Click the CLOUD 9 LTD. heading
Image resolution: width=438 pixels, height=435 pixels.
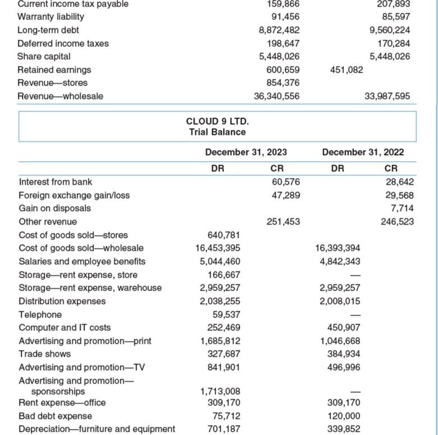[217, 121]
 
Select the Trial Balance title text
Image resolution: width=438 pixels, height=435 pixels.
[217, 132]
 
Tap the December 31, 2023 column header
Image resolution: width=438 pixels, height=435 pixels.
[246, 152]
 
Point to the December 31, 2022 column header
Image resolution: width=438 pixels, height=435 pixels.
[363, 152]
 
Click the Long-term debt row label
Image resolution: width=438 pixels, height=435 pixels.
[48, 30]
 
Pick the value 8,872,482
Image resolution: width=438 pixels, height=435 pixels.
[279, 30]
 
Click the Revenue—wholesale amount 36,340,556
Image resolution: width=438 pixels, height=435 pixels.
[276, 96]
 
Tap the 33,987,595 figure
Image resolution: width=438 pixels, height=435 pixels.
[387, 96]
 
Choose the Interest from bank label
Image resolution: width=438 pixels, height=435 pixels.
[56, 182]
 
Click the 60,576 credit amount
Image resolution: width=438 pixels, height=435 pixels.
[285, 182]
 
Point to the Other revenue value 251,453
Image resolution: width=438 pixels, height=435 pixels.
[283, 221]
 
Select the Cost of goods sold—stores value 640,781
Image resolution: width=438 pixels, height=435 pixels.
[224, 235]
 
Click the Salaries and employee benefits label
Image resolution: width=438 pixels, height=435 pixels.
[82, 261]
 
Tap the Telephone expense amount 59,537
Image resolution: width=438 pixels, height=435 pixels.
[226, 314]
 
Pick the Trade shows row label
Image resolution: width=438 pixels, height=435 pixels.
[45, 354]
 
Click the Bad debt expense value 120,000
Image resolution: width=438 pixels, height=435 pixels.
[344, 416]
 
